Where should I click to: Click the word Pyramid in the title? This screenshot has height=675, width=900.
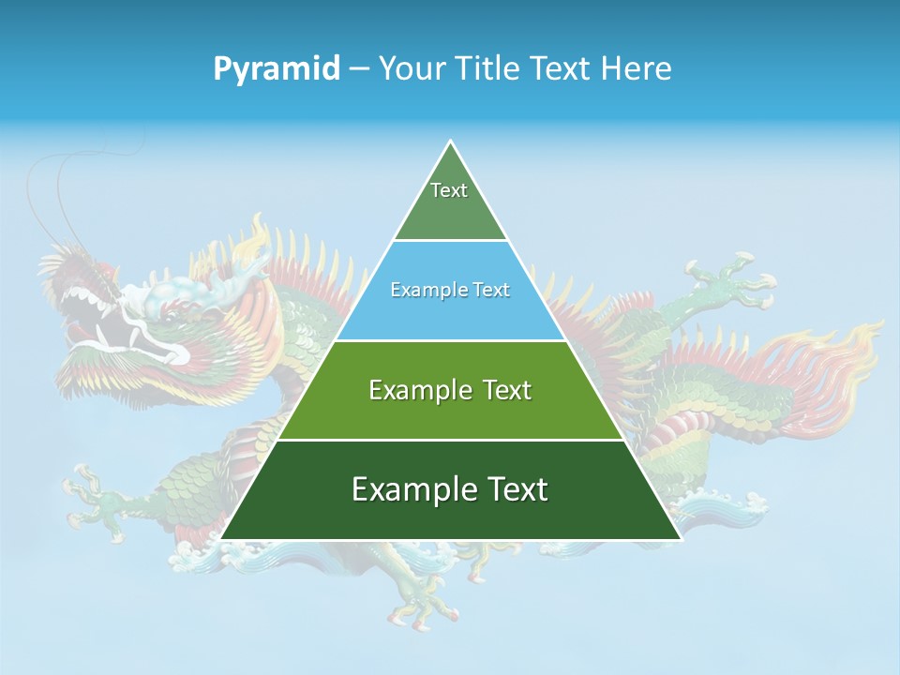point(276,69)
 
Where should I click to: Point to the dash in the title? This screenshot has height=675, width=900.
point(359,69)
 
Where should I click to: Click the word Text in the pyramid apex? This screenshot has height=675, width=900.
point(449,190)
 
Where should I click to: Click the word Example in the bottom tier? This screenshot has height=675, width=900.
point(409,489)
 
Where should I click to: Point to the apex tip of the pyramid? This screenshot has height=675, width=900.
point(451,142)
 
